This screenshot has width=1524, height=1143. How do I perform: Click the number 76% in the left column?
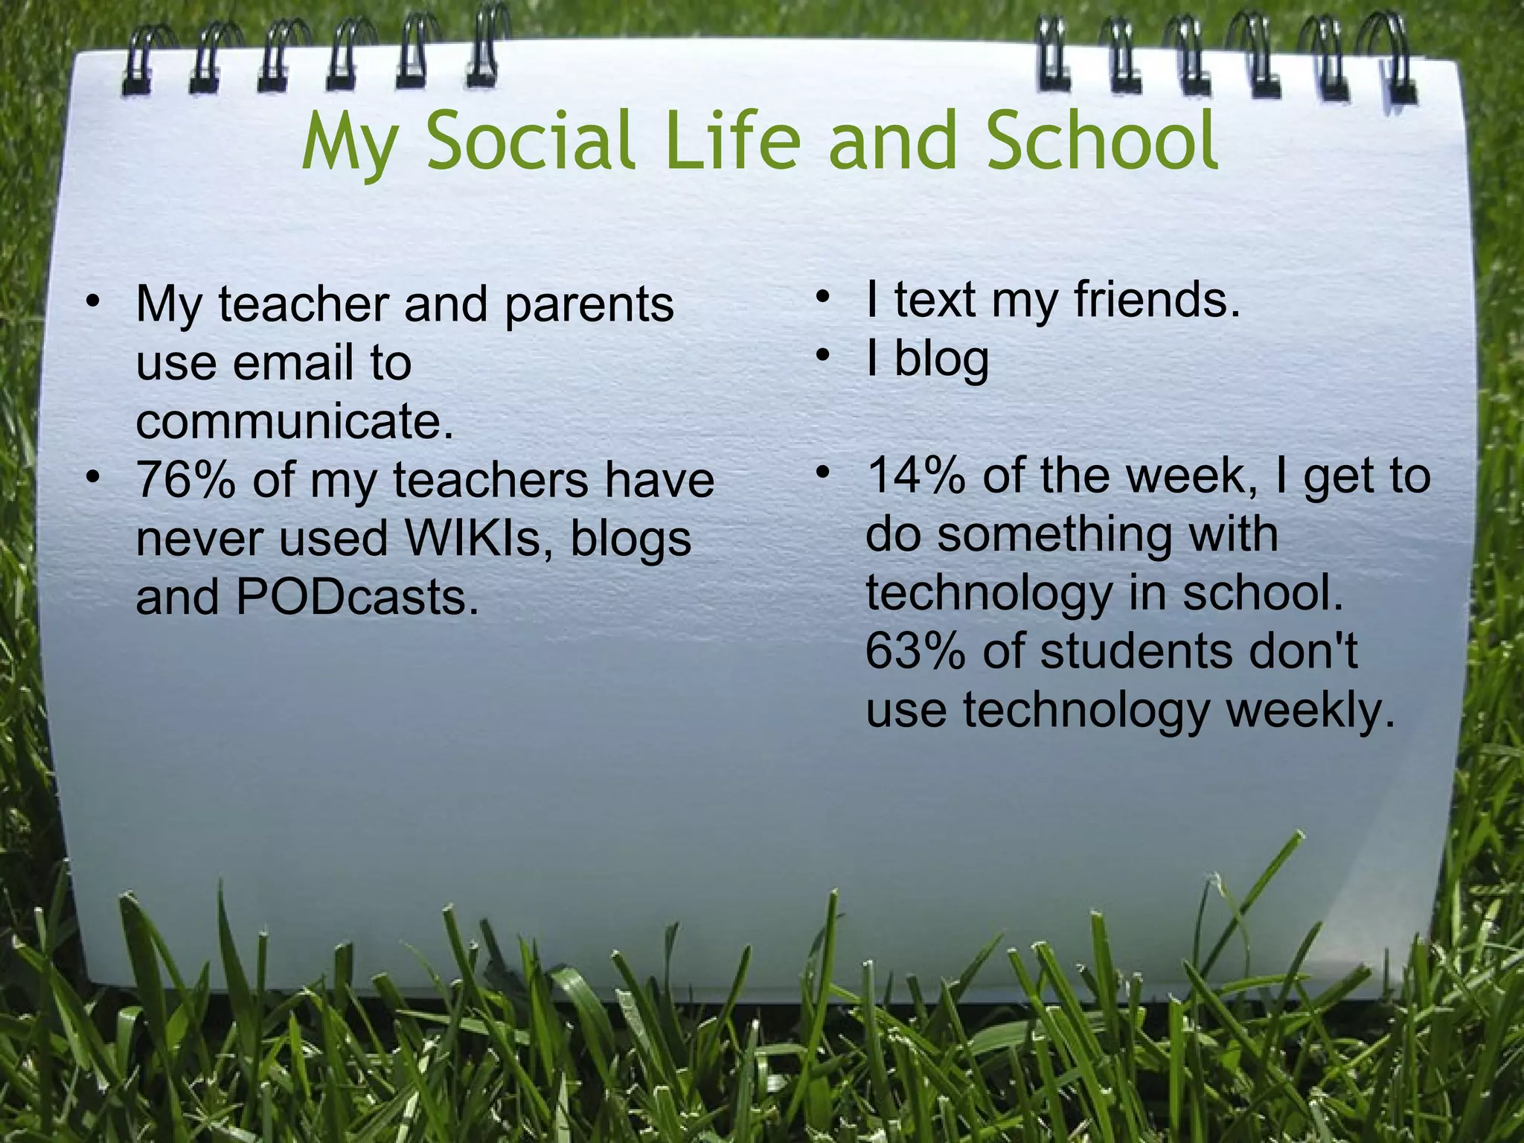(186, 480)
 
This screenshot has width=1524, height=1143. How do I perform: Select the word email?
(293, 363)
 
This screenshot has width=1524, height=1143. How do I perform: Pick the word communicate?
(295, 422)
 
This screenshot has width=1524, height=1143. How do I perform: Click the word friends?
(1157, 299)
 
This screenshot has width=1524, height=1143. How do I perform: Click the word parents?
(589, 305)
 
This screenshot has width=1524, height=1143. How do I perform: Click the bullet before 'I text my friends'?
(822, 298)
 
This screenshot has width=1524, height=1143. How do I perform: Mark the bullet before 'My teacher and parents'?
(92, 301)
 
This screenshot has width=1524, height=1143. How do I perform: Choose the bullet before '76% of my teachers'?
(92, 477)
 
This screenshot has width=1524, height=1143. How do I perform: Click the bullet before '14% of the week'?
(822, 473)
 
